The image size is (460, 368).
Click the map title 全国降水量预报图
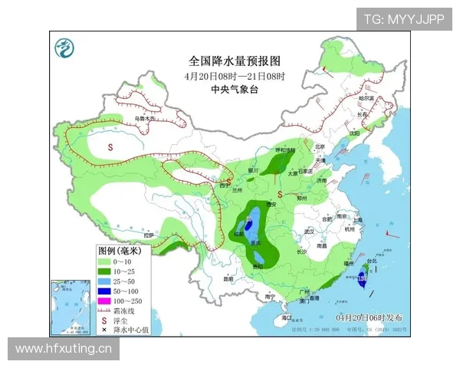pyautogui.click(x=235, y=61)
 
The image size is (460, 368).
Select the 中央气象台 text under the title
pyautogui.click(x=235, y=90)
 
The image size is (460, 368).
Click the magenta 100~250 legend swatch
pyautogui.click(x=105, y=301)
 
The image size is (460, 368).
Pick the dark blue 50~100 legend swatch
pyautogui.click(x=105, y=291)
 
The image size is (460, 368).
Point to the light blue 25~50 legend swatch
pyautogui.click(x=105, y=281)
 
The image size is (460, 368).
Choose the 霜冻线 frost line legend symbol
pyautogui.click(x=105, y=310)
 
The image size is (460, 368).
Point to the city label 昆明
pyautogui.click(x=228, y=279)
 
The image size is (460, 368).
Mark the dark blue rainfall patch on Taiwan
pyautogui.click(x=363, y=279)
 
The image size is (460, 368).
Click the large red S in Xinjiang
pyautogui.click(x=110, y=146)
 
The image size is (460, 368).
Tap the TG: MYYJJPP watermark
pyautogui.click(x=403, y=18)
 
